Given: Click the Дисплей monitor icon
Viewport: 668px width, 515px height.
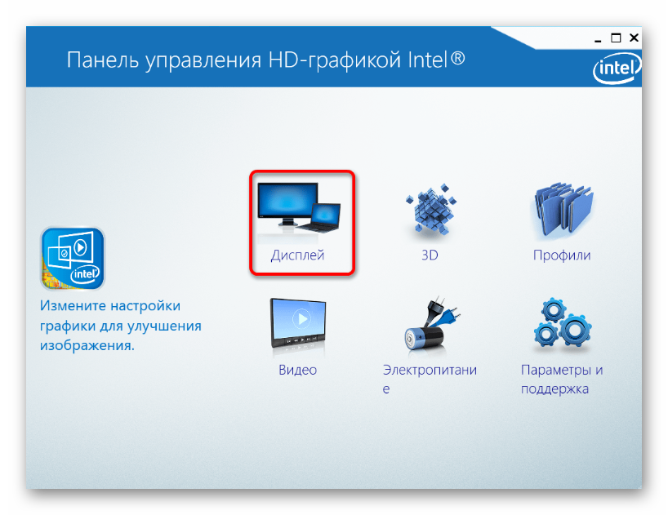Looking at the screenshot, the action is [299, 207].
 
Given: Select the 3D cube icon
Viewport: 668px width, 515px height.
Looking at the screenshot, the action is [430, 209].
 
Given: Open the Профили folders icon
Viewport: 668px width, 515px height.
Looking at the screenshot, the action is [563, 209].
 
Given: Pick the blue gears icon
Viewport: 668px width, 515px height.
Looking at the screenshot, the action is [562, 322].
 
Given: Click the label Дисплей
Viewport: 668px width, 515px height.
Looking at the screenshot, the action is [298, 255].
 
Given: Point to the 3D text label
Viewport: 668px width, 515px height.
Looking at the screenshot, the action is [430, 255].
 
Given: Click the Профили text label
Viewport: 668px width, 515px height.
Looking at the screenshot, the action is [562, 255].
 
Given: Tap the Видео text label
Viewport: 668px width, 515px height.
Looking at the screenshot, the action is [298, 370].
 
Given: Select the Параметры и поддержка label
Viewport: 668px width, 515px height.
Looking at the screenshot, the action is [562, 380].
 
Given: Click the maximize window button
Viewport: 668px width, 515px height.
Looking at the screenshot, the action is [616, 38].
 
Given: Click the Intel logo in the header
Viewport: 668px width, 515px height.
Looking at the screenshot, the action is [617, 68].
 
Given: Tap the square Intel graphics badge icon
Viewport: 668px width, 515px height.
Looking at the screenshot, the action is [73, 259].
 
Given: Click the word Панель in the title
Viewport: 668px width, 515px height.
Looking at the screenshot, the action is [103, 60].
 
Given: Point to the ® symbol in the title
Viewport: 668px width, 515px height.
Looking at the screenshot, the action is [457, 58].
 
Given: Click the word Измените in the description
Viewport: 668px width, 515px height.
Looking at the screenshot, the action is [73, 305].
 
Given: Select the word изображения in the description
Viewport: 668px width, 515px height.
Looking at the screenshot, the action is [87, 345].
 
